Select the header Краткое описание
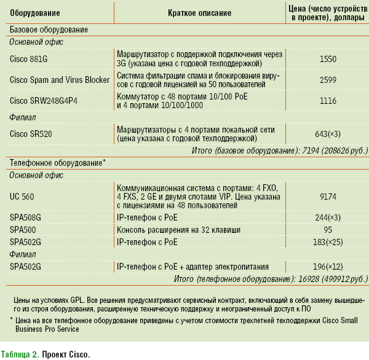(199, 13)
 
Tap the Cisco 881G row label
(28, 59)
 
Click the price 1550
(328, 59)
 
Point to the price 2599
(328, 80)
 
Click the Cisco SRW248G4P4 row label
(44, 100)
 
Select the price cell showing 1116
(328, 100)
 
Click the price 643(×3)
(328, 134)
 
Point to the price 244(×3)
(328, 217)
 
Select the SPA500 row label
(23, 229)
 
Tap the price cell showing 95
(328, 229)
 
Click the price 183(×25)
(328, 241)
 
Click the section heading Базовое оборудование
(49, 29)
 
